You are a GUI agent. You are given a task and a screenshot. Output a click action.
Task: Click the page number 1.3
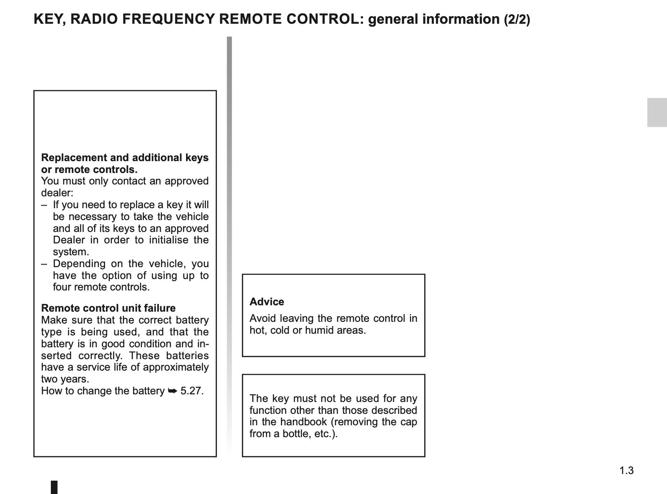tap(626, 470)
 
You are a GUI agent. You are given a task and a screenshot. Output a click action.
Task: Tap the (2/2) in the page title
tap(517, 20)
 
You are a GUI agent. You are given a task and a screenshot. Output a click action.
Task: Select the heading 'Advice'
tap(267, 301)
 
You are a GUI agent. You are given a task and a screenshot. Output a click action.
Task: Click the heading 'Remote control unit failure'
tap(108, 308)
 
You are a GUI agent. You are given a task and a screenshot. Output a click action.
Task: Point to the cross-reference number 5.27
tap(192, 391)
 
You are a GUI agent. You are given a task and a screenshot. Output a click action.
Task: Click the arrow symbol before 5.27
tap(172, 391)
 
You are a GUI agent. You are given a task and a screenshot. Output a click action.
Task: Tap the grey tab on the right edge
tap(656, 112)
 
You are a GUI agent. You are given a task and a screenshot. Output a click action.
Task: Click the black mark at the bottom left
tap(54, 487)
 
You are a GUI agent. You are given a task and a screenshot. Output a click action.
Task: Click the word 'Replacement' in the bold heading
tap(74, 158)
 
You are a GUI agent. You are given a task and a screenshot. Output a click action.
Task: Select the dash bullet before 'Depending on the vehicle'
tap(44, 264)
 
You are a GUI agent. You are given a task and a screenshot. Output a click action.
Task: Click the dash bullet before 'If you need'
tap(44, 205)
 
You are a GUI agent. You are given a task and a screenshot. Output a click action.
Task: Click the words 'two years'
tap(65, 379)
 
